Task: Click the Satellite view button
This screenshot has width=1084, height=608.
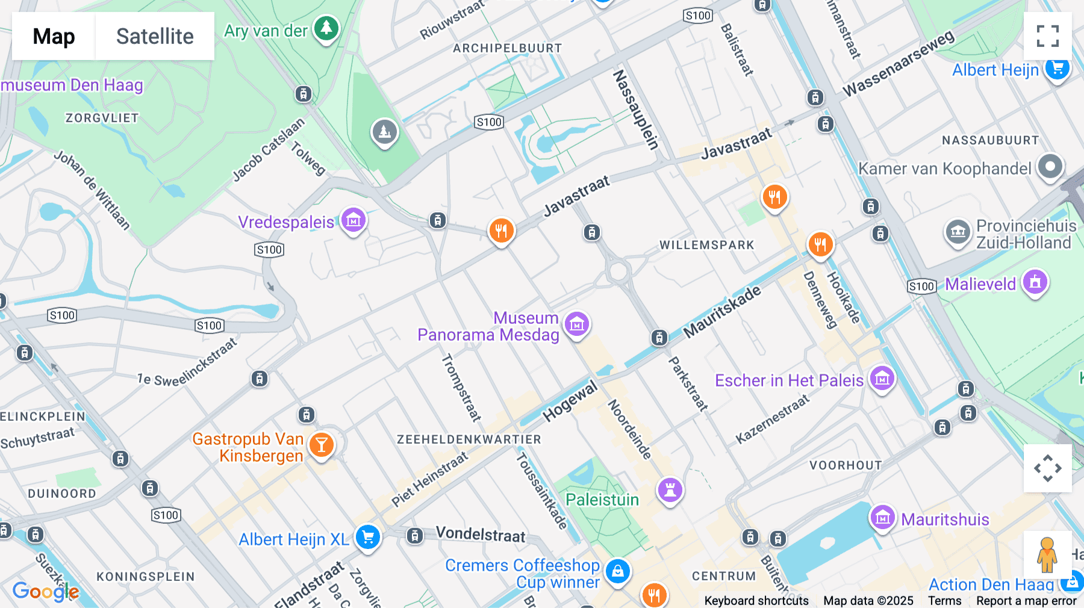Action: (155, 36)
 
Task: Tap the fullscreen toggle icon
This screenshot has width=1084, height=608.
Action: (1047, 36)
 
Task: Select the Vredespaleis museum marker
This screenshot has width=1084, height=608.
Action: (354, 220)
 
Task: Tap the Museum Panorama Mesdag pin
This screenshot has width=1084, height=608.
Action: (577, 324)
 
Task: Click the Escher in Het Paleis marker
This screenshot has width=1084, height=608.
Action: (882, 379)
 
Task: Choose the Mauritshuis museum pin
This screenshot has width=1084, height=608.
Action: (882, 517)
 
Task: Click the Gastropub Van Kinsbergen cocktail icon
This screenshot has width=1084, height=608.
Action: (322, 445)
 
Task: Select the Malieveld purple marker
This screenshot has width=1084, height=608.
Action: (1035, 282)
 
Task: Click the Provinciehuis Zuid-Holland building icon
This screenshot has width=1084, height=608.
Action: (958, 232)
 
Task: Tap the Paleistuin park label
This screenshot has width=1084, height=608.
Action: (602, 500)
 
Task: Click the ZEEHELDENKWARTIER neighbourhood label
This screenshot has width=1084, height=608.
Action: (469, 439)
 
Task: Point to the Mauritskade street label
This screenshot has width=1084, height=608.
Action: (722, 312)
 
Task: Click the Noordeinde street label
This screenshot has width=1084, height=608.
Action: (629, 429)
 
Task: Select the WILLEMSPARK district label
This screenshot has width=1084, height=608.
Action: (706, 245)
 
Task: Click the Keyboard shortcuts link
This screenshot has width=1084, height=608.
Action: (756, 601)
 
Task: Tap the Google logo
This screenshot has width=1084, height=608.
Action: (46, 591)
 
